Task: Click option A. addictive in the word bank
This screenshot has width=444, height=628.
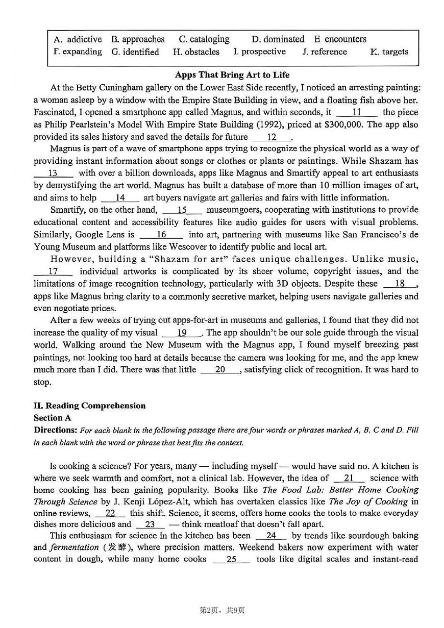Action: pyautogui.click(x=78, y=39)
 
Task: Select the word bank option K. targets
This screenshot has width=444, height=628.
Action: pyautogui.click(x=389, y=52)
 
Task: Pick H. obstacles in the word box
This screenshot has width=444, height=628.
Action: pyautogui.click(x=196, y=52)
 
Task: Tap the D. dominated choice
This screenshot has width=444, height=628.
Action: pyautogui.click(x=278, y=39)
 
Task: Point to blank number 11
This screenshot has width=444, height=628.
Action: pyautogui.click(x=357, y=112)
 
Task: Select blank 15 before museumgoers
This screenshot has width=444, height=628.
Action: pyautogui.click(x=182, y=210)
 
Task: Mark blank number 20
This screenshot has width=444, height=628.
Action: pyautogui.click(x=220, y=370)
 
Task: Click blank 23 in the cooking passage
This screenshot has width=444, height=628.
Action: pyautogui.click(x=150, y=524)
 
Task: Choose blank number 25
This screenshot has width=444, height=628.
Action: pyautogui.click(x=231, y=559)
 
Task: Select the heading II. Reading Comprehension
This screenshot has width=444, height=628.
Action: pyautogui.click(x=89, y=406)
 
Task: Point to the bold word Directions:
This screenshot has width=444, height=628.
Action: pyautogui.click(x=56, y=430)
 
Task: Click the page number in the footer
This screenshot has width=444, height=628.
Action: pyautogui.click(x=221, y=610)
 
